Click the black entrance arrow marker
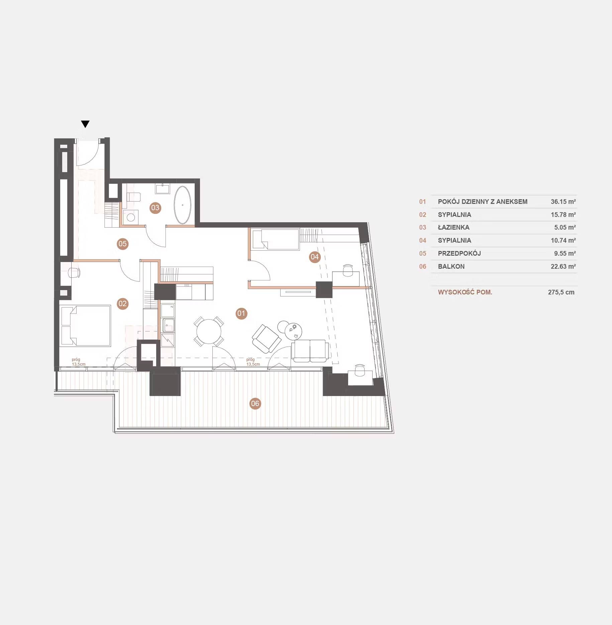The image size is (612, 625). [85, 124]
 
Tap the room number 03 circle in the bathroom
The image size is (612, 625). [155, 208]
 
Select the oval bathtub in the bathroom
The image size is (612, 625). [183, 205]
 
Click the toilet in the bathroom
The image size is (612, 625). [133, 197]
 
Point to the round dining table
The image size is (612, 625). [209, 332]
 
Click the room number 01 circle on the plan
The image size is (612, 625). [241, 314]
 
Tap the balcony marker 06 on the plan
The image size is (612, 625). [255, 403]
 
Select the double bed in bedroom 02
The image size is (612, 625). [86, 326]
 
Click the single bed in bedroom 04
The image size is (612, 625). [276, 239]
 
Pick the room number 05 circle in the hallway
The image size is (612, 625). [123, 244]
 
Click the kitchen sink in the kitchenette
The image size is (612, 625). [168, 325]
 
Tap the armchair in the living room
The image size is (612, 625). [267, 339]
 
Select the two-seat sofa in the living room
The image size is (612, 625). [309, 351]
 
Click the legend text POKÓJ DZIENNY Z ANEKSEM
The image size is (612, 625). [483, 202]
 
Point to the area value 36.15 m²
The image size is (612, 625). [563, 202]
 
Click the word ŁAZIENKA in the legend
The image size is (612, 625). [453, 227]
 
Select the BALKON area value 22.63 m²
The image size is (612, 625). [563, 266]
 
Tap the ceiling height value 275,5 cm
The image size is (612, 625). [561, 292]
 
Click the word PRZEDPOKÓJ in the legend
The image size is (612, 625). [459, 253]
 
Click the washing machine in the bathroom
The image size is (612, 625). [131, 217]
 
